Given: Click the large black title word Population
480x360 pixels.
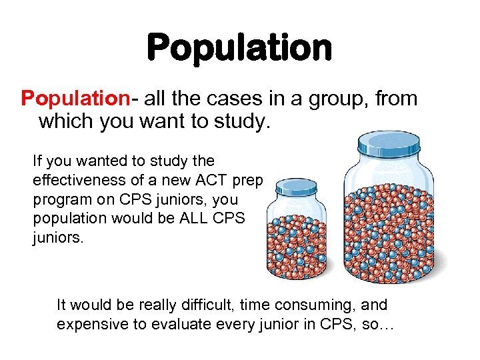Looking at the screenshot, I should click(x=239, y=47).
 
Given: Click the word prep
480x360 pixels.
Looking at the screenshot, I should click(x=249, y=181).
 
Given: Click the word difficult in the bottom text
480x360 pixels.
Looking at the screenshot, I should click(x=209, y=305).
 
